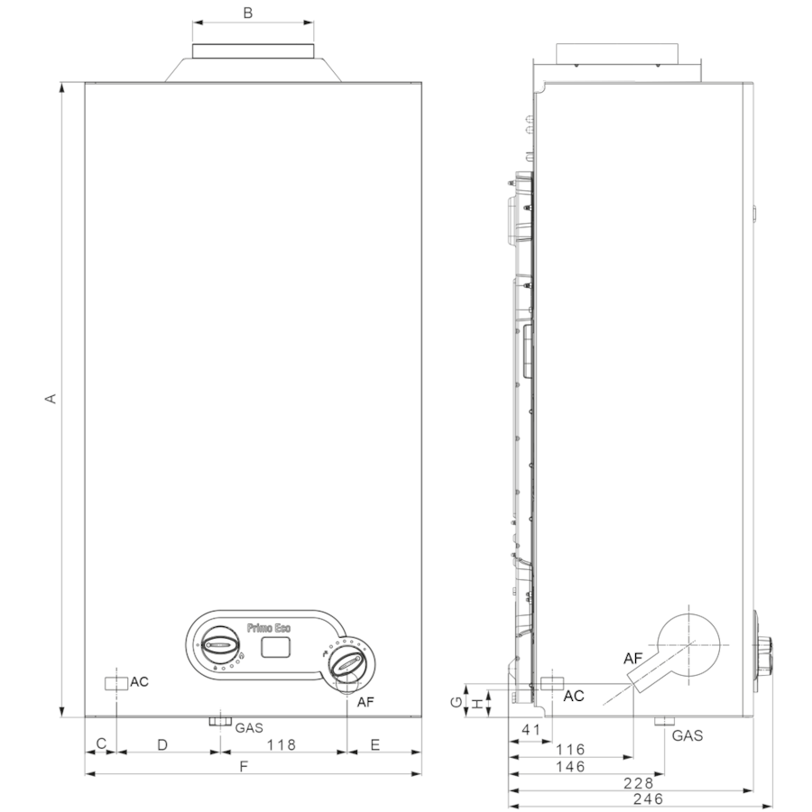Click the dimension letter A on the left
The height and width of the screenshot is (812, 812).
(x=51, y=398)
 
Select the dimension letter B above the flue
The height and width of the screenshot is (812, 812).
(x=248, y=13)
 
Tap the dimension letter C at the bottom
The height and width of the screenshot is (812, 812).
(x=101, y=743)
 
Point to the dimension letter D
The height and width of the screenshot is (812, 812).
(x=162, y=744)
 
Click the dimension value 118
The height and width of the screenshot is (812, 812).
(x=281, y=744)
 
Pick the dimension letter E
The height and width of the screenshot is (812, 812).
(x=375, y=744)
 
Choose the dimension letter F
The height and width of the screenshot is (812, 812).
(x=244, y=766)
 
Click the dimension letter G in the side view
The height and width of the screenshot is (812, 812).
(x=457, y=702)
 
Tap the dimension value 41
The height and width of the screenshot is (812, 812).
(x=531, y=730)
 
